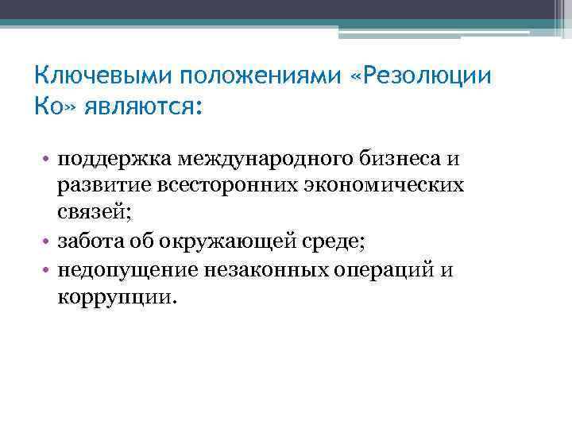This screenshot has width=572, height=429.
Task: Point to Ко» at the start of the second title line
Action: [x=54, y=106]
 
